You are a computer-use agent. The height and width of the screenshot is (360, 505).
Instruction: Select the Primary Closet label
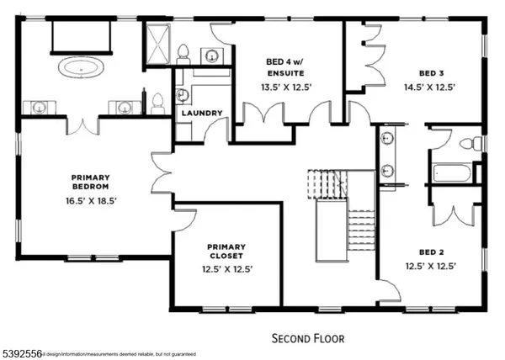tap(226, 252)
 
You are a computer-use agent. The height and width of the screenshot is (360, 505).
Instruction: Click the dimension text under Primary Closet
tap(226, 269)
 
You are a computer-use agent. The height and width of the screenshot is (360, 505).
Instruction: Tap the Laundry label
tap(201, 113)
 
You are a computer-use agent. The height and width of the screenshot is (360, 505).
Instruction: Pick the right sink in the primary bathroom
tap(125, 107)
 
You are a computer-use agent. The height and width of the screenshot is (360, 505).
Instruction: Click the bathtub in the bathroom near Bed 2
tap(450, 174)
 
